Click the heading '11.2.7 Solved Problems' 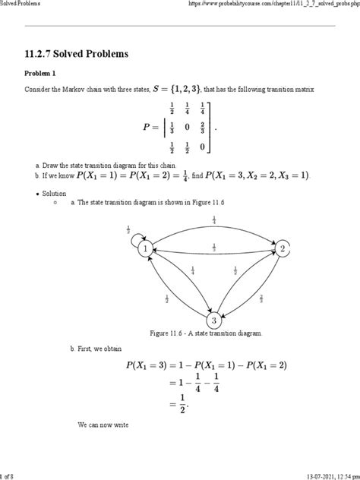tap(82, 55)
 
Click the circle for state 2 tap(282, 248)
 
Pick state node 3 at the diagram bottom tap(214, 320)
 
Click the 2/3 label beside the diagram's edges tap(261, 298)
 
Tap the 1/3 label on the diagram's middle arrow tap(214, 246)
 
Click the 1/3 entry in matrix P tap(172, 128)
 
